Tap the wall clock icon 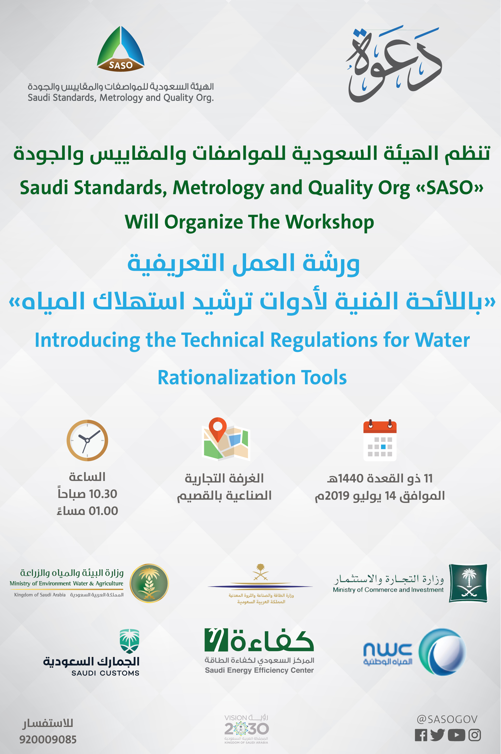pyautogui.click(x=87, y=440)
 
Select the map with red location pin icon pyautogui.click(x=226, y=439)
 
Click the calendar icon pyautogui.click(x=380, y=440)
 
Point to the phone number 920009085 pyautogui.click(x=48, y=739)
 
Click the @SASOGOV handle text pyautogui.click(x=447, y=719)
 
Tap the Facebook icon pyautogui.click(x=421, y=735)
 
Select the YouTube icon pyautogui.click(x=456, y=735)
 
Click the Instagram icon pyautogui.click(x=474, y=735)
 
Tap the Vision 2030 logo pyautogui.click(x=246, y=729)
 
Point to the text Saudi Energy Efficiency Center pyautogui.click(x=259, y=670)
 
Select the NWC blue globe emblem pyautogui.click(x=443, y=651)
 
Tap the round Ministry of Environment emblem pyautogui.click(x=149, y=583)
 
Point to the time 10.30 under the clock pyautogui.click(x=103, y=494)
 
